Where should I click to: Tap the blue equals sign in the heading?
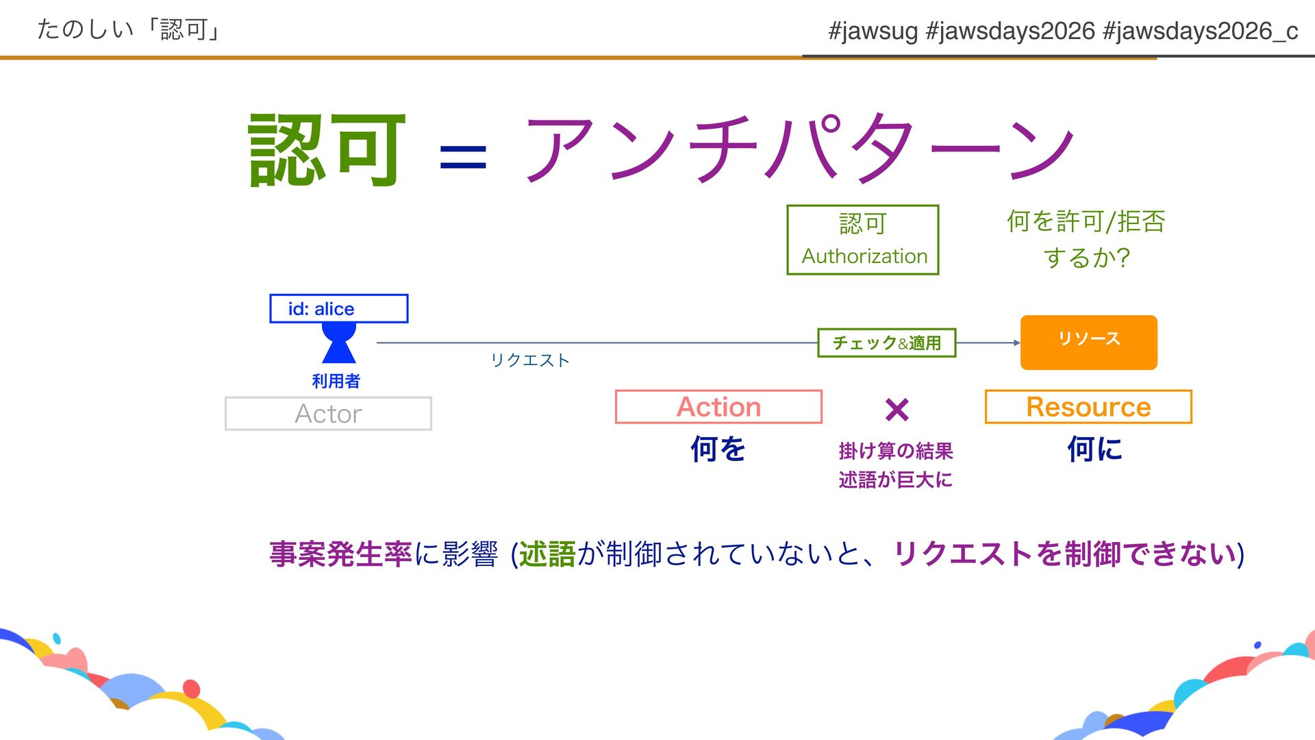[x=463, y=157]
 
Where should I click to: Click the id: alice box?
[x=339, y=308]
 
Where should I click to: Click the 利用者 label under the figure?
[x=336, y=381]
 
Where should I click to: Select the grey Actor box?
[x=329, y=414]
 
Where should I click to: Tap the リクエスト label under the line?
[x=530, y=360]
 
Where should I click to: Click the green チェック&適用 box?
[x=886, y=343]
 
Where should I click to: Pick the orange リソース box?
[x=1088, y=342]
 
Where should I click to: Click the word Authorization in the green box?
[x=864, y=256]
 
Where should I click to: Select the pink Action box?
[x=718, y=407]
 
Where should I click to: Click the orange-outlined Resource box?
[x=1088, y=407]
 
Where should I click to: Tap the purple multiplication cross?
[x=897, y=410]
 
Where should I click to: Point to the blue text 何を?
[x=717, y=449]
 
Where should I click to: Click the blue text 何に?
[x=1094, y=449]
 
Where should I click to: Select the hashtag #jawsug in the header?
[x=873, y=31]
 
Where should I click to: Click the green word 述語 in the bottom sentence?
[x=547, y=554]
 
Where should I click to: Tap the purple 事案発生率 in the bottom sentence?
[x=340, y=554]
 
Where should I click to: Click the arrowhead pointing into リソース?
[x=1016, y=343]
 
